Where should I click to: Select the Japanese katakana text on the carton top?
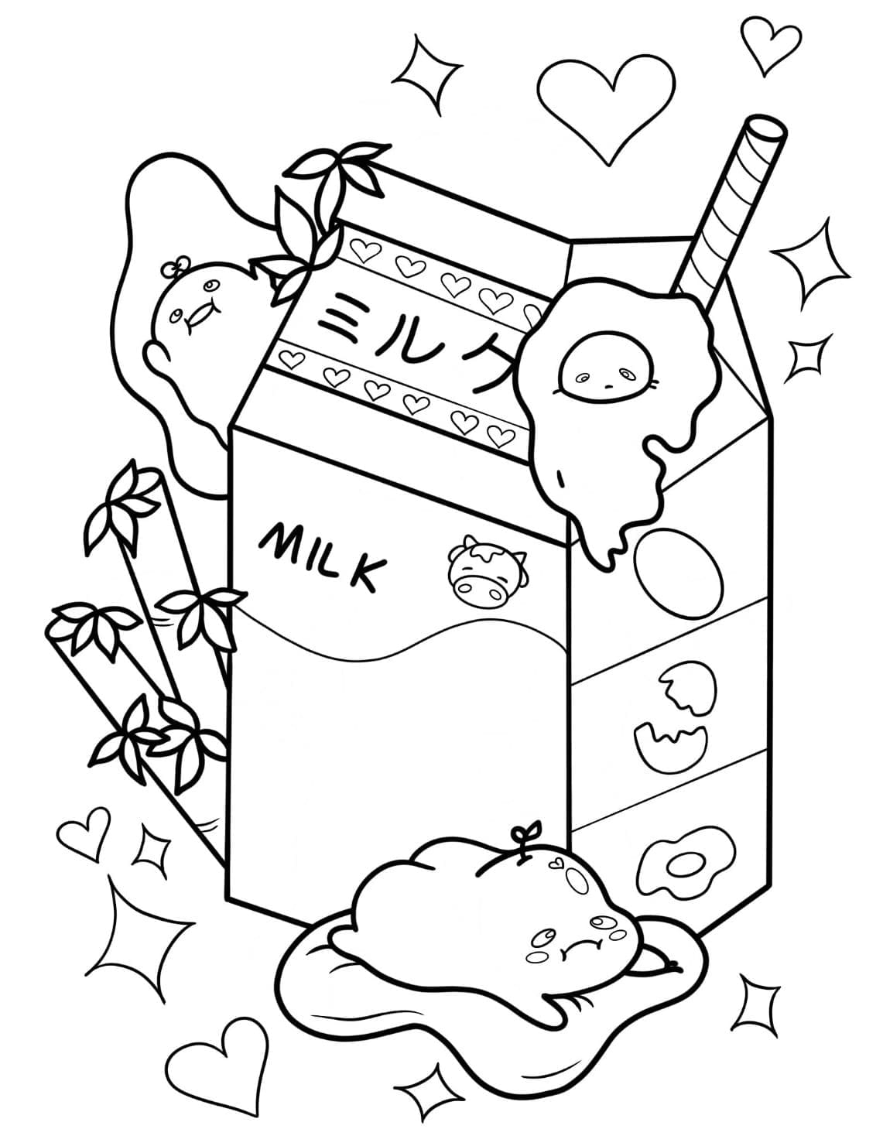coord(410,343)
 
